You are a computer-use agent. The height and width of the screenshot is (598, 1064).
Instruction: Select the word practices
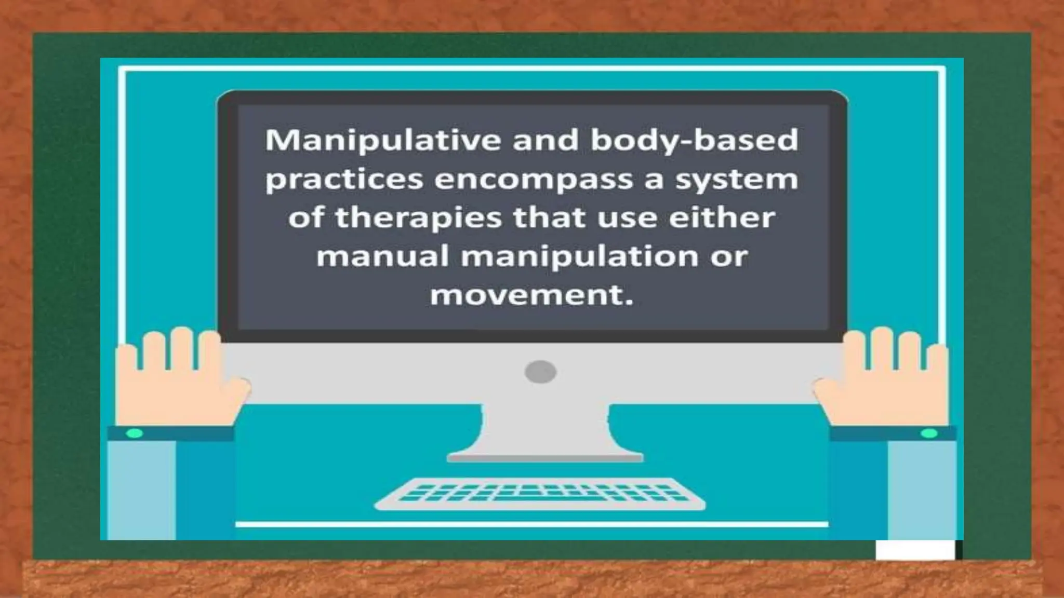click(x=344, y=180)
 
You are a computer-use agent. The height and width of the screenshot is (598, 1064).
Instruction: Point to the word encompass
click(x=534, y=180)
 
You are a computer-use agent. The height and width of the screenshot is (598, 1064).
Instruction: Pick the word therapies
click(x=418, y=218)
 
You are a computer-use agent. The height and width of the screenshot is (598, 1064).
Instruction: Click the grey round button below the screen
click(x=540, y=372)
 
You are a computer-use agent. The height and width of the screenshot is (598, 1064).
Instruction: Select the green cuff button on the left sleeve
click(x=134, y=433)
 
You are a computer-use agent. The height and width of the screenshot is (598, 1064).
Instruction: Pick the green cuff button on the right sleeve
click(x=928, y=433)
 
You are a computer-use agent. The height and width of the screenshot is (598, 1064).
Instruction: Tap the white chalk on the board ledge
click(x=915, y=550)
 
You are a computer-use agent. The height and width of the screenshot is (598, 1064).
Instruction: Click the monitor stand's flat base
click(x=546, y=457)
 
